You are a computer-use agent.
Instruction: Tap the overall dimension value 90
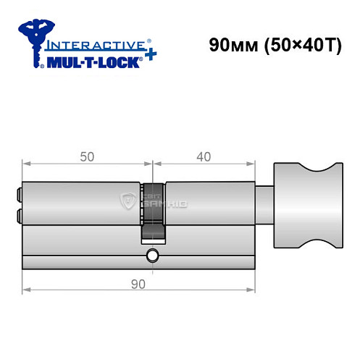point(139,283)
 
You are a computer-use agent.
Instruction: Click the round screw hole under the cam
point(151,256)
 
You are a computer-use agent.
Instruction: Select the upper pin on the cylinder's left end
point(17,194)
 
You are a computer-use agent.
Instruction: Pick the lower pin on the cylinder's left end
point(17,214)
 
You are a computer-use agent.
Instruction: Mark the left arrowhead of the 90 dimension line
point(25,292)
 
